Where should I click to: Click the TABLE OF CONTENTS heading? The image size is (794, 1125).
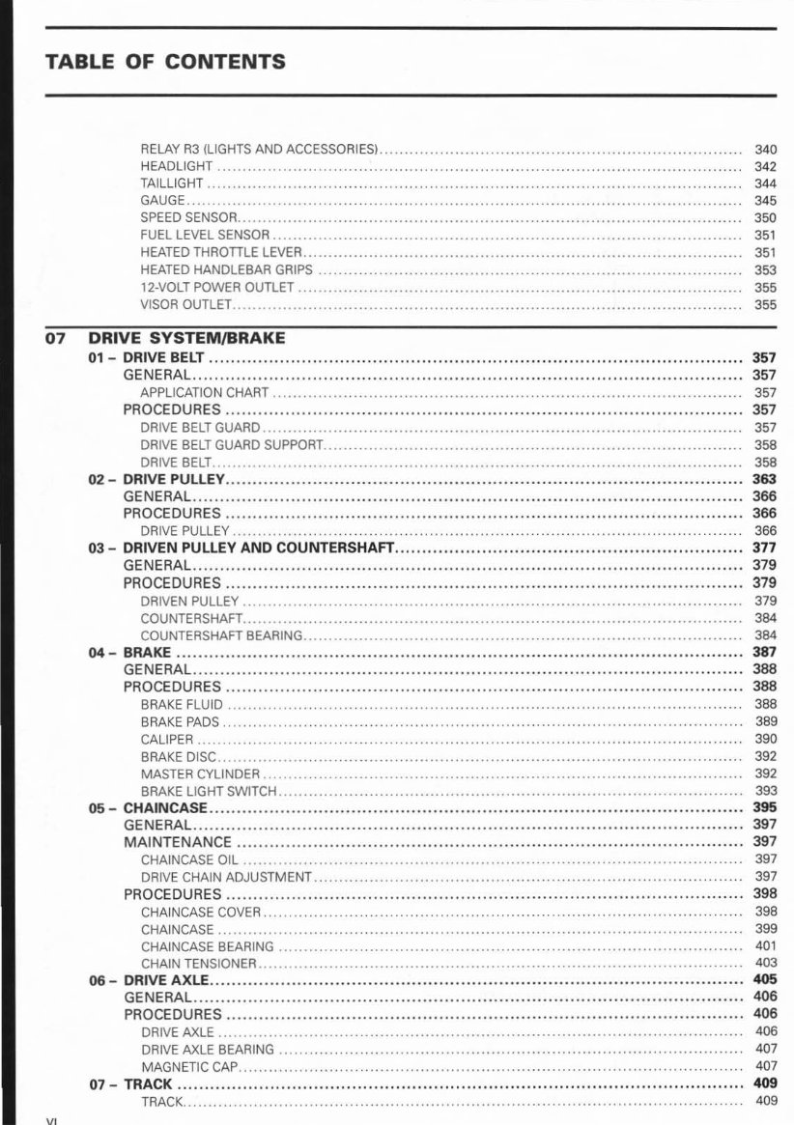point(165,63)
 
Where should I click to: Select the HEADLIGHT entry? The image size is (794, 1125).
point(177,166)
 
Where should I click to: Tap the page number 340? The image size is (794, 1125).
point(765,149)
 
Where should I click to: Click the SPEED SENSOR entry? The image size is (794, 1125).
point(188,218)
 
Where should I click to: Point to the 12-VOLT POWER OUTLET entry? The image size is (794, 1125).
point(217,288)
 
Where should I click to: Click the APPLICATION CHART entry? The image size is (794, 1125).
point(204,393)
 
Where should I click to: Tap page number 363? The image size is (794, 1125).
point(764,479)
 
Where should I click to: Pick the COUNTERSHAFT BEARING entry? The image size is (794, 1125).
point(221,635)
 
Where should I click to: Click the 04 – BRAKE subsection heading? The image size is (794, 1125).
point(130,653)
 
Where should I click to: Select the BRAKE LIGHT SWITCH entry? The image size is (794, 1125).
point(209,792)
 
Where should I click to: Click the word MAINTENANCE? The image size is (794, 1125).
point(177,842)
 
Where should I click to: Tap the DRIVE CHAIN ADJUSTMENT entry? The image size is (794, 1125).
point(226,877)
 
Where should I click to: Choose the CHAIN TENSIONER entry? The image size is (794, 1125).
point(199,964)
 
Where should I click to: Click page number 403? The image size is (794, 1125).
point(765,964)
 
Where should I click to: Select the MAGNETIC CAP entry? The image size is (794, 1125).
point(189,1067)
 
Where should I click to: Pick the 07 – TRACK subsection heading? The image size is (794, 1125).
point(131,1084)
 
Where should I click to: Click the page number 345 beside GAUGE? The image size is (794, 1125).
point(765,201)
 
